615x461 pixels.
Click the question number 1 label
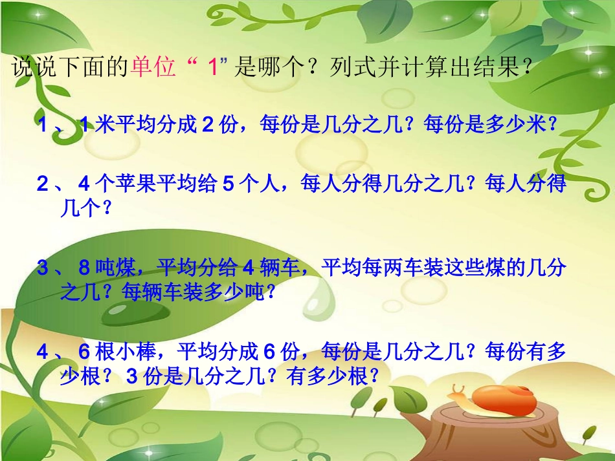pos(43,125)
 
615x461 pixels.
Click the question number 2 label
pos(43,184)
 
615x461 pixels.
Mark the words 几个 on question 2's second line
pos(78,208)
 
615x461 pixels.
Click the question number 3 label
pos(43,268)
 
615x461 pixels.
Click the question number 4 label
pos(43,352)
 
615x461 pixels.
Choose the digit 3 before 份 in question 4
pos(131,376)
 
